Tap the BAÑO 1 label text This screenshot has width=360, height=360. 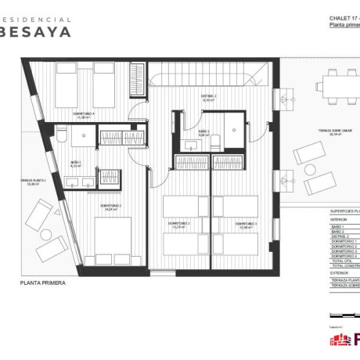(76, 165)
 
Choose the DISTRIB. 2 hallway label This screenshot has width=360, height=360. (209, 99)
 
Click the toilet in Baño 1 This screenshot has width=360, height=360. (59, 137)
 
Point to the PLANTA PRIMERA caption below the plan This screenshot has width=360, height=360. (43, 284)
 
